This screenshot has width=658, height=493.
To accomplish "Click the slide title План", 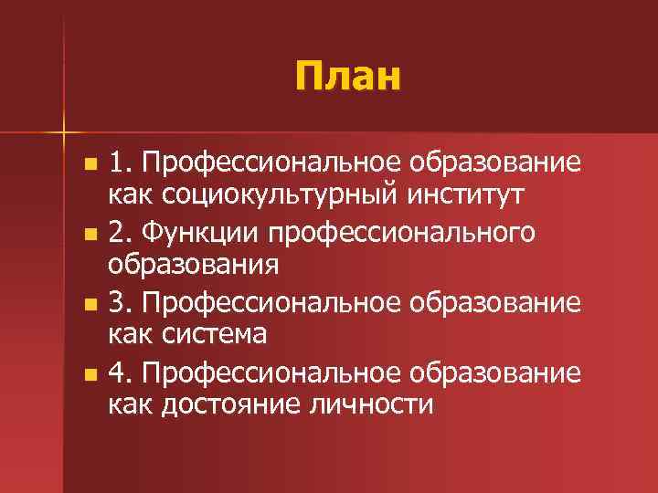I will pyautogui.click(x=348, y=76).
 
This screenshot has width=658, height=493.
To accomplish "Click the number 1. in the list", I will pyautogui.click(x=122, y=165).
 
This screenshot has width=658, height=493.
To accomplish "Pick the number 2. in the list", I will pyautogui.click(x=122, y=234).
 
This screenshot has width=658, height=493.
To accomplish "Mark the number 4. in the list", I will pyautogui.click(x=122, y=372).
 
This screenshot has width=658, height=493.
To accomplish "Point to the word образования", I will pyautogui.click(x=193, y=265).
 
